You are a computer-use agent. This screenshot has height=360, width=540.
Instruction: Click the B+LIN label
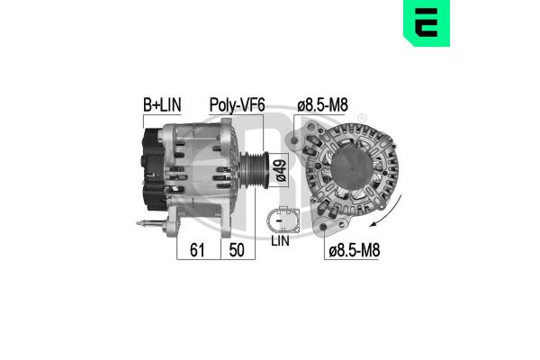coord(161,106)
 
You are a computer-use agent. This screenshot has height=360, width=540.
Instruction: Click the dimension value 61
coord(197,251)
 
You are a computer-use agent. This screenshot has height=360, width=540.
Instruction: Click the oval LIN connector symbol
coord(281,219)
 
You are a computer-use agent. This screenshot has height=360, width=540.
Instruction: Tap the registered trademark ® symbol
coord(362,118)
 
